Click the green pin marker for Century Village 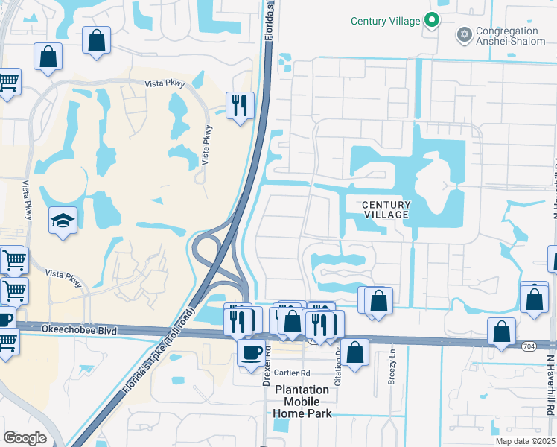pyautogui.click(x=431, y=21)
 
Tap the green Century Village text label pyautogui.click(x=386, y=21)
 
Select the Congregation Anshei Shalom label pyautogui.click(x=507, y=36)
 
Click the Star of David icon pyautogui.click(x=465, y=34)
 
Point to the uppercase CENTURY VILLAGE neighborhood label pyautogui.click(x=385, y=209)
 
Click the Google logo pyautogui.click(x=25, y=437)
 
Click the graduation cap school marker pyautogui.click(x=63, y=221)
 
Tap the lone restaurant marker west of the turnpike pyautogui.click(x=240, y=105)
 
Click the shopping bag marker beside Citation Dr pyautogui.click(x=356, y=352)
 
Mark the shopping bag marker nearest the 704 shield pyautogui.click(x=502, y=331)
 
